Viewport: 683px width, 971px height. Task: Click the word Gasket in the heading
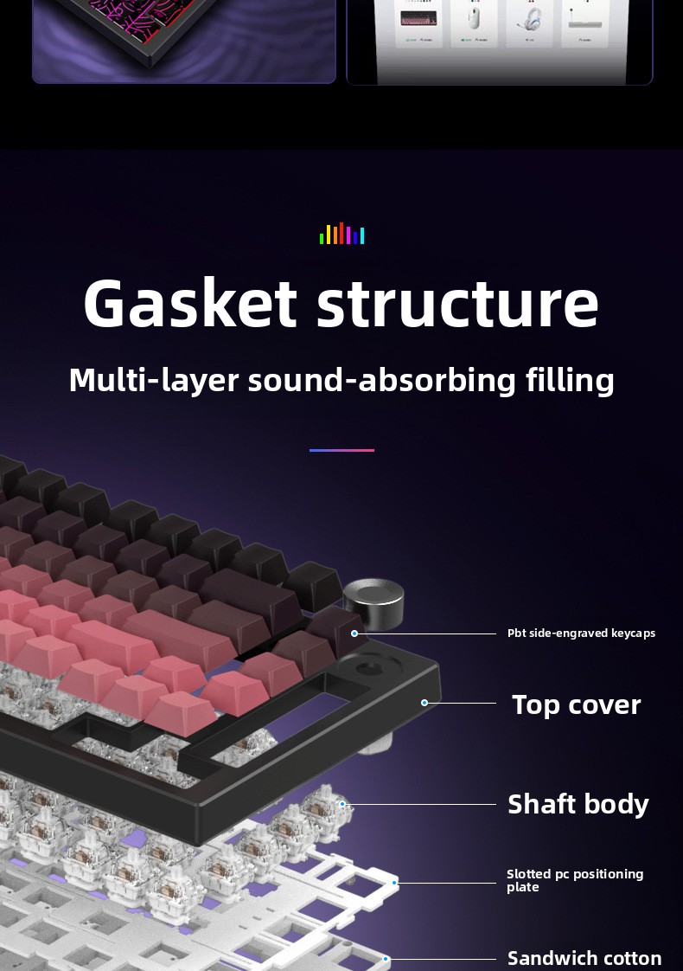(x=190, y=303)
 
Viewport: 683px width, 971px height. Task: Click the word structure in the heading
(x=457, y=303)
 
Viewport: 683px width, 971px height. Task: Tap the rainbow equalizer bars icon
(x=342, y=234)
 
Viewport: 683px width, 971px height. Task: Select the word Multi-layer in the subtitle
(x=153, y=380)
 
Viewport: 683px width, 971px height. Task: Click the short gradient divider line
(x=341, y=450)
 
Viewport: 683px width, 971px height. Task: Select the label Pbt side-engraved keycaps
(x=581, y=633)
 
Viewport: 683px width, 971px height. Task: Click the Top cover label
(x=576, y=704)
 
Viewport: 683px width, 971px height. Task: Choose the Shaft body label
(x=578, y=804)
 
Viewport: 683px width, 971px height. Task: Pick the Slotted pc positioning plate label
(x=575, y=880)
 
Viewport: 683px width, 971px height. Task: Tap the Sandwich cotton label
(x=584, y=958)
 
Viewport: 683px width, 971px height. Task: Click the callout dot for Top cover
(x=424, y=703)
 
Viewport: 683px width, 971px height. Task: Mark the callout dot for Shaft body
(x=342, y=804)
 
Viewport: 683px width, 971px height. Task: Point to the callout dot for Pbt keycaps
(x=354, y=633)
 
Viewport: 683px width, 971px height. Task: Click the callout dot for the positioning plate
(x=395, y=883)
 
